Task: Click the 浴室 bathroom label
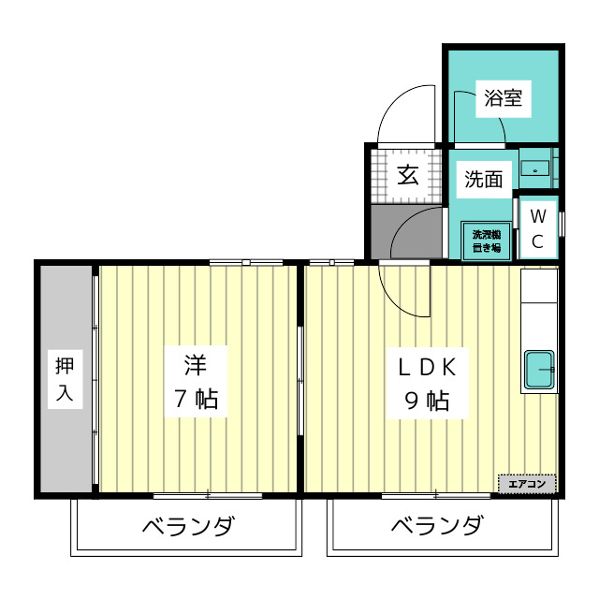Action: (x=504, y=97)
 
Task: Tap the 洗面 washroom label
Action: (x=484, y=180)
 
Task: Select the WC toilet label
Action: (x=537, y=228)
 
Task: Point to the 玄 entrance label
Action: (x=407, y=175)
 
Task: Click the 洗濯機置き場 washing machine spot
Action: (x=486, y=241)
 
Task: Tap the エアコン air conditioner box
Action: (x=527, y=484)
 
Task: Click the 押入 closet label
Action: (x=64, y=380)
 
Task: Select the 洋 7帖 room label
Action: (x=195, y=381)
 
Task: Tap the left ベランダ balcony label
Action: (x=188, y=526)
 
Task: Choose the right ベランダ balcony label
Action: (x=437, y=526)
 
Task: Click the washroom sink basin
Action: (x=534, y=170)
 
